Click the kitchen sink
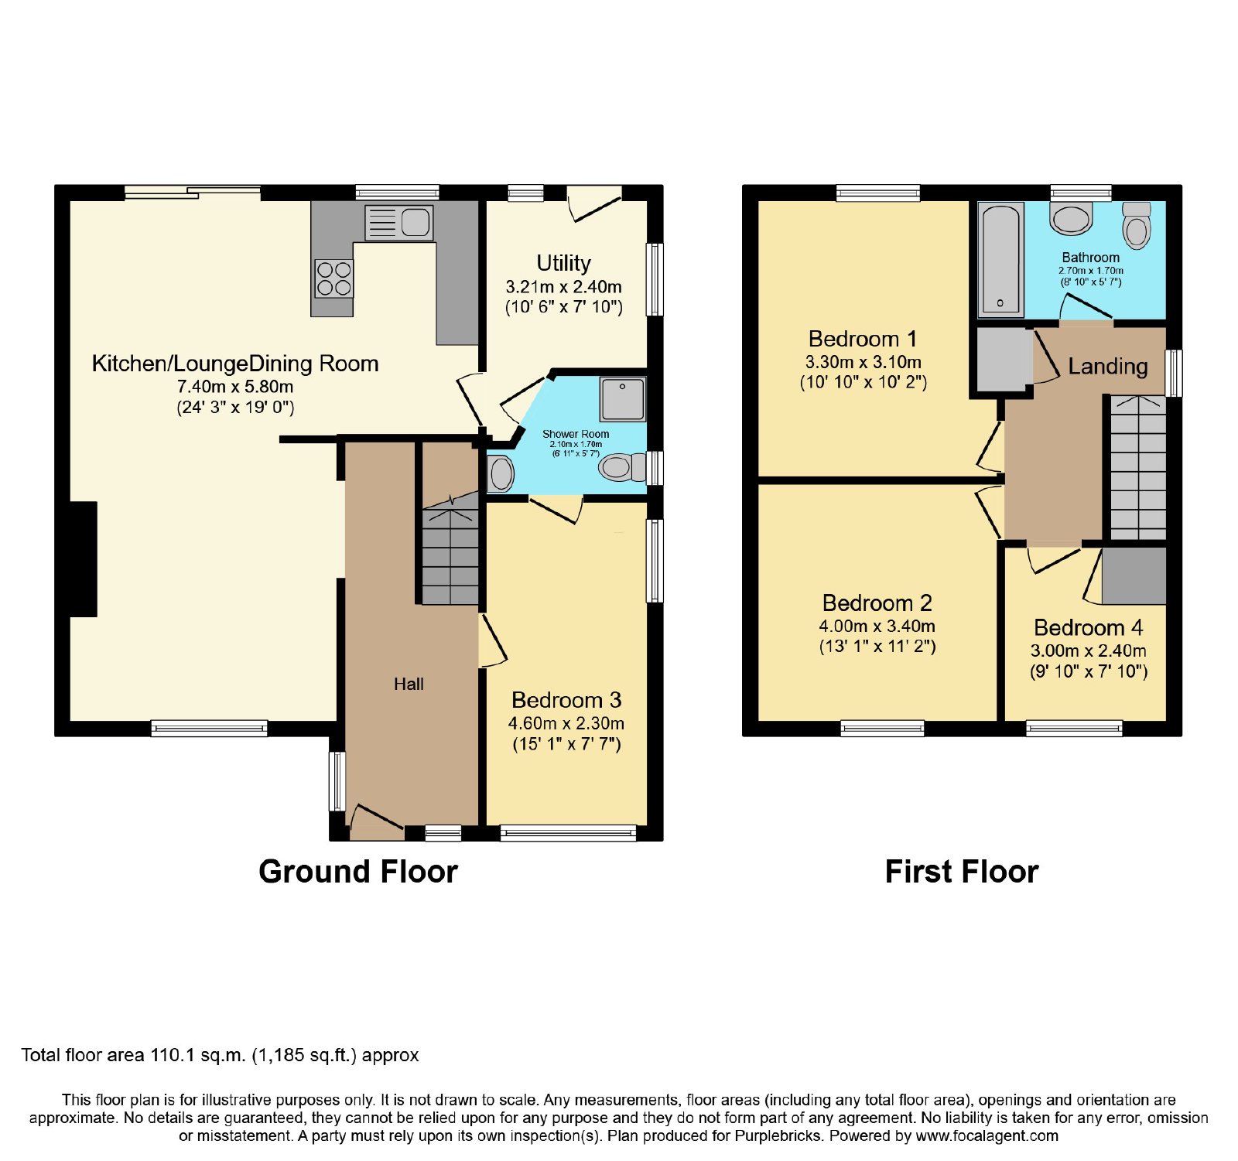point(398,223)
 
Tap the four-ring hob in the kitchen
point(333,278)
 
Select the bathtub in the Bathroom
point(1000,260)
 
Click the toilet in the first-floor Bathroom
point(1137,225)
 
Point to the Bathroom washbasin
point(1071,218)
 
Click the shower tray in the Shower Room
point(623,399)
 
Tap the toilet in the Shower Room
point(623,467)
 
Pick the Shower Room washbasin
point(500,473)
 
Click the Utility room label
point(563,263)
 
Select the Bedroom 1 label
point(863,339)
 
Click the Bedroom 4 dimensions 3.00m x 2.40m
point(1088,651)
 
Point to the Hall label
point(409,684)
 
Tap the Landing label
point(1108,367)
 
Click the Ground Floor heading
point(358,872)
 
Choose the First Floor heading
point(962,872)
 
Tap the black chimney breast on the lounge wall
point(84,559)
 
